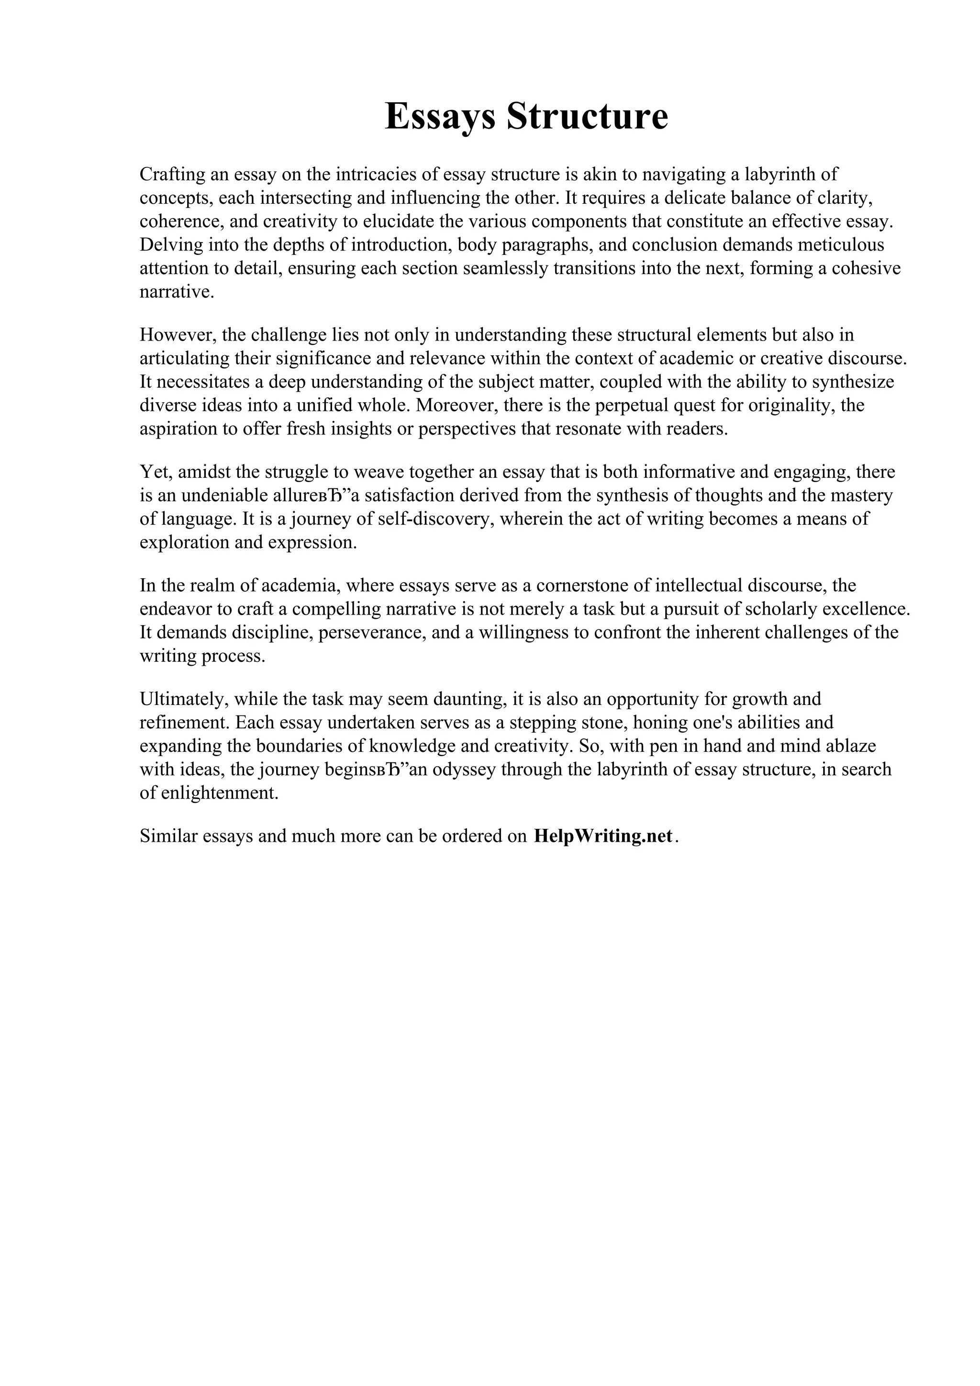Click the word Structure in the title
(x=587, y=117)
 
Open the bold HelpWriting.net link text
(x=602, y=836)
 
